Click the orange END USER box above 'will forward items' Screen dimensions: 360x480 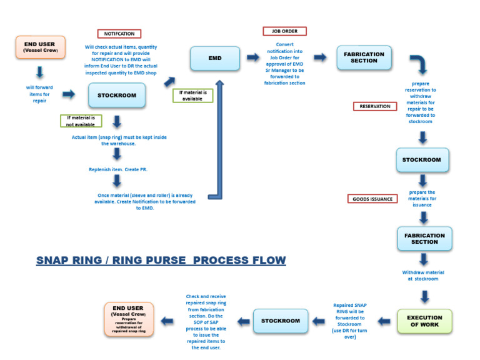click(x=40, y=47)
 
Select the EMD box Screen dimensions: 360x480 click(x=215, y=58)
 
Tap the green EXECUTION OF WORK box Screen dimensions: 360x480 click(x=424, y=321)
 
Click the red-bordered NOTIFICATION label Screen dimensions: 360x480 click(x=119, y=34)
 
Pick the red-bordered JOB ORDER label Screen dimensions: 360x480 click(x=284, y=31)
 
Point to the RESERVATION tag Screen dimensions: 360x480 click(x=375, y=106)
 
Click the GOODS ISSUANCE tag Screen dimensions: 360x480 click(x=372, y=199)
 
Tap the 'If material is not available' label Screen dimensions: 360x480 click(x=81, y=121)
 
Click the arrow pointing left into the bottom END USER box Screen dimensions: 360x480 click(x=167, y=321)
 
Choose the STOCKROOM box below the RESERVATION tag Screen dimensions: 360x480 click(x=421, y=160)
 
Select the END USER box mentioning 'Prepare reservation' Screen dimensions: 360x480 click(x=127, y=318)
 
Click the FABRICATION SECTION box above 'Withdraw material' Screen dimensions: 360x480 click(x=424, y=239)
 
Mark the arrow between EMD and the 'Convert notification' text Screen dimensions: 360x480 click(x=253, y=57)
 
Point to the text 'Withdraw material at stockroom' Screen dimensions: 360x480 click(x=423, y=276)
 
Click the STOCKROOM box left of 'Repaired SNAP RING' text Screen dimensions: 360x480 click(x=281, y=321)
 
